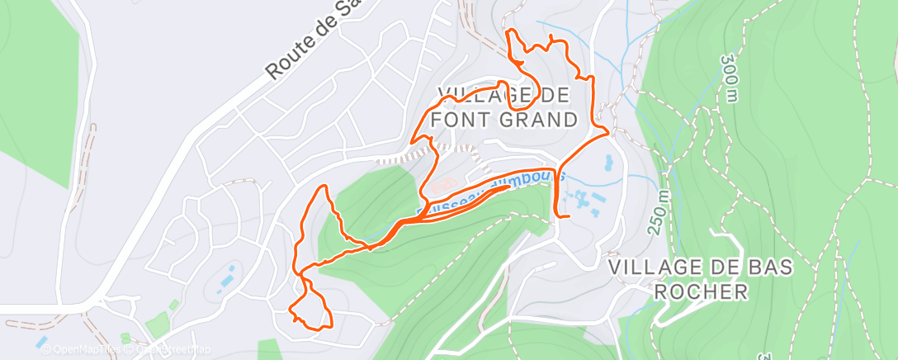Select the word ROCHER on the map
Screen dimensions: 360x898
tap(700, 291)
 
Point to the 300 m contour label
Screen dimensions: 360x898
tap(730, 78)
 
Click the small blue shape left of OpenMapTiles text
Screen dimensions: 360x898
tap(41, 341)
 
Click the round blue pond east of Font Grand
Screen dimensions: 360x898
tap(609, 162)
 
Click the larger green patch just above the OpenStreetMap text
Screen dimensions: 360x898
tap(156, 326)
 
